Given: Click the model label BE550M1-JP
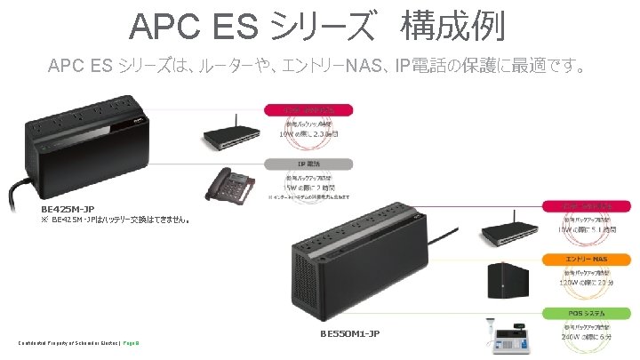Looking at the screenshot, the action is pyautogui.click(x=350, y=333).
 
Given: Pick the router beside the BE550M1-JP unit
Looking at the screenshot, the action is pyautogui.click(x=511, y=230).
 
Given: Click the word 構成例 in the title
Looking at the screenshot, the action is pyautogui.click(x=452, y=26).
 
